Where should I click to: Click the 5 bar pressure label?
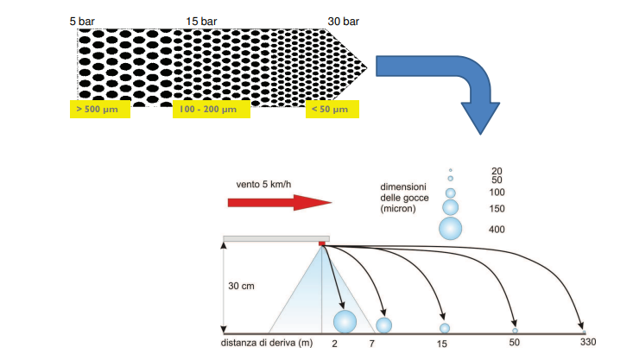coord(82,22)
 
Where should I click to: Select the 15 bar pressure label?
coord(201,22)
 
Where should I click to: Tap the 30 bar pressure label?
coord(343,22)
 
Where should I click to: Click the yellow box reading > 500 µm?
coord(100,109)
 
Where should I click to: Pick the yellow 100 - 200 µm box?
coord(212,109)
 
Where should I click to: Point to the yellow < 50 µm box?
coord(332,109)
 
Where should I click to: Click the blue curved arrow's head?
coord(480,118)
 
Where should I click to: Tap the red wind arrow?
coord(280,203)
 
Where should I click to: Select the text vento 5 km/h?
coord(263,185)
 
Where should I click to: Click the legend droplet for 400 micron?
coord(451,229)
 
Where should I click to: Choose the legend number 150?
coord(497,209)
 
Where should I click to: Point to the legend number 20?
coord(497,171)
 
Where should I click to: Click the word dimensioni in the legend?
coord(403,186)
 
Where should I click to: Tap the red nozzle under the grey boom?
coord(322,243)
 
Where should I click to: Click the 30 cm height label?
coord(242,286)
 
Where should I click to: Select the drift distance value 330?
coord(588,342)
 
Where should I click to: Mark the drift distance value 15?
coord(441,344)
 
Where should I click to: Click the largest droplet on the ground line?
coord(345,322)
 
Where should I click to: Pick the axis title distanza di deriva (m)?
coord(267,343)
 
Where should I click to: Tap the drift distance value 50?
coord(515,342)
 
